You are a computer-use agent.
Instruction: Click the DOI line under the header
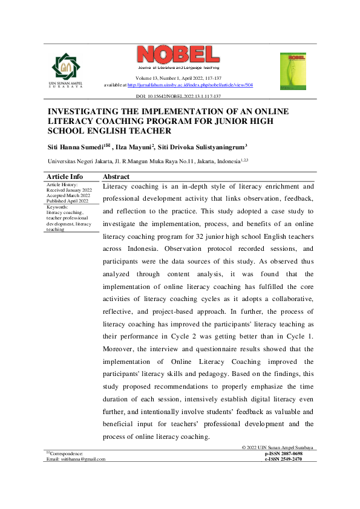tap(178, 96)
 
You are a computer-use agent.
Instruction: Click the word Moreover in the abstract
tap(120, 348)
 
